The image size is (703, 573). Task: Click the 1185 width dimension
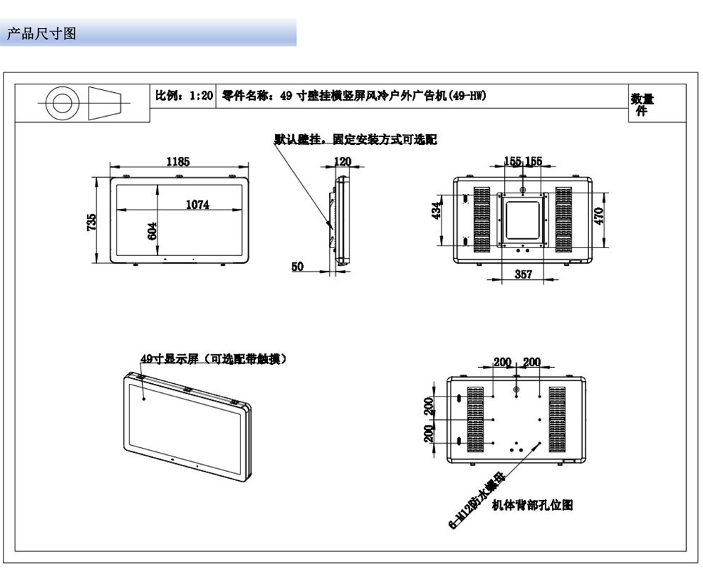pyautogui.click(x=177, y=161)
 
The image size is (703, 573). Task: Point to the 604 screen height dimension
pyautogui.click(x=152, y=231)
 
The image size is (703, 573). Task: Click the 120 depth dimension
pyautogui.click(x=342, y=161)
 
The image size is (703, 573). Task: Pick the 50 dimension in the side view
pyautogui.click(x=297, y=266)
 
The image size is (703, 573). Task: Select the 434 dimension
pyautogui.click(x=436, y=212)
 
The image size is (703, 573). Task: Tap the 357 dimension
pyautogui.click(x=522, y=274)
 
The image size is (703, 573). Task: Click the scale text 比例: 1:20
pyautogui.click(x=184, y=96)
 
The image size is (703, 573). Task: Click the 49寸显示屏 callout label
pyautogui.click(x=213, y=359)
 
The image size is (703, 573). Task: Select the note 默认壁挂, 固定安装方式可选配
pyautogui.click(x=356, y=139)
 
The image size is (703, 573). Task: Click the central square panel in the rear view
pyautogui.click(x=522, y=219)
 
